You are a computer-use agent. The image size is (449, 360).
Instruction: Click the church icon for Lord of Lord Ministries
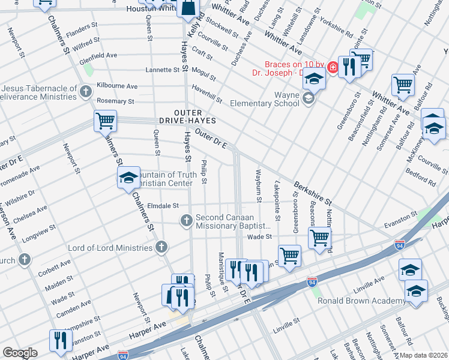coord(161,247)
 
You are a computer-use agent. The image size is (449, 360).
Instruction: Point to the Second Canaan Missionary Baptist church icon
coord(186,221)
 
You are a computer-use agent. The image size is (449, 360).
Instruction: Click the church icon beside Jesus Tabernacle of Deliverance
coord(86,92)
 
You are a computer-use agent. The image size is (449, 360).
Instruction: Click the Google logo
coord(20,353)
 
